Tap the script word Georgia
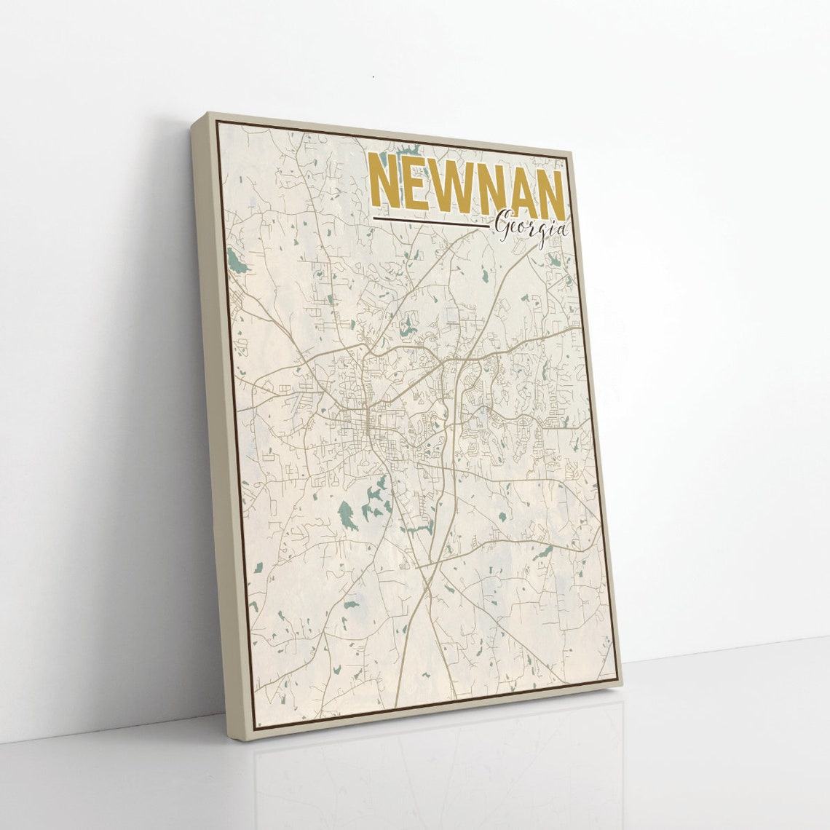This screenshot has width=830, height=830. [x=530, y=229]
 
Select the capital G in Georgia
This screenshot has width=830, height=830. [x=502, y=227]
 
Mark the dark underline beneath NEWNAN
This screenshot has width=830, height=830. [x=430, y=220]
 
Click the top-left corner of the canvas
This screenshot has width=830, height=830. [x=209, y=114]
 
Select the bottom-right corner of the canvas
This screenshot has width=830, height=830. [x=621, y=683]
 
